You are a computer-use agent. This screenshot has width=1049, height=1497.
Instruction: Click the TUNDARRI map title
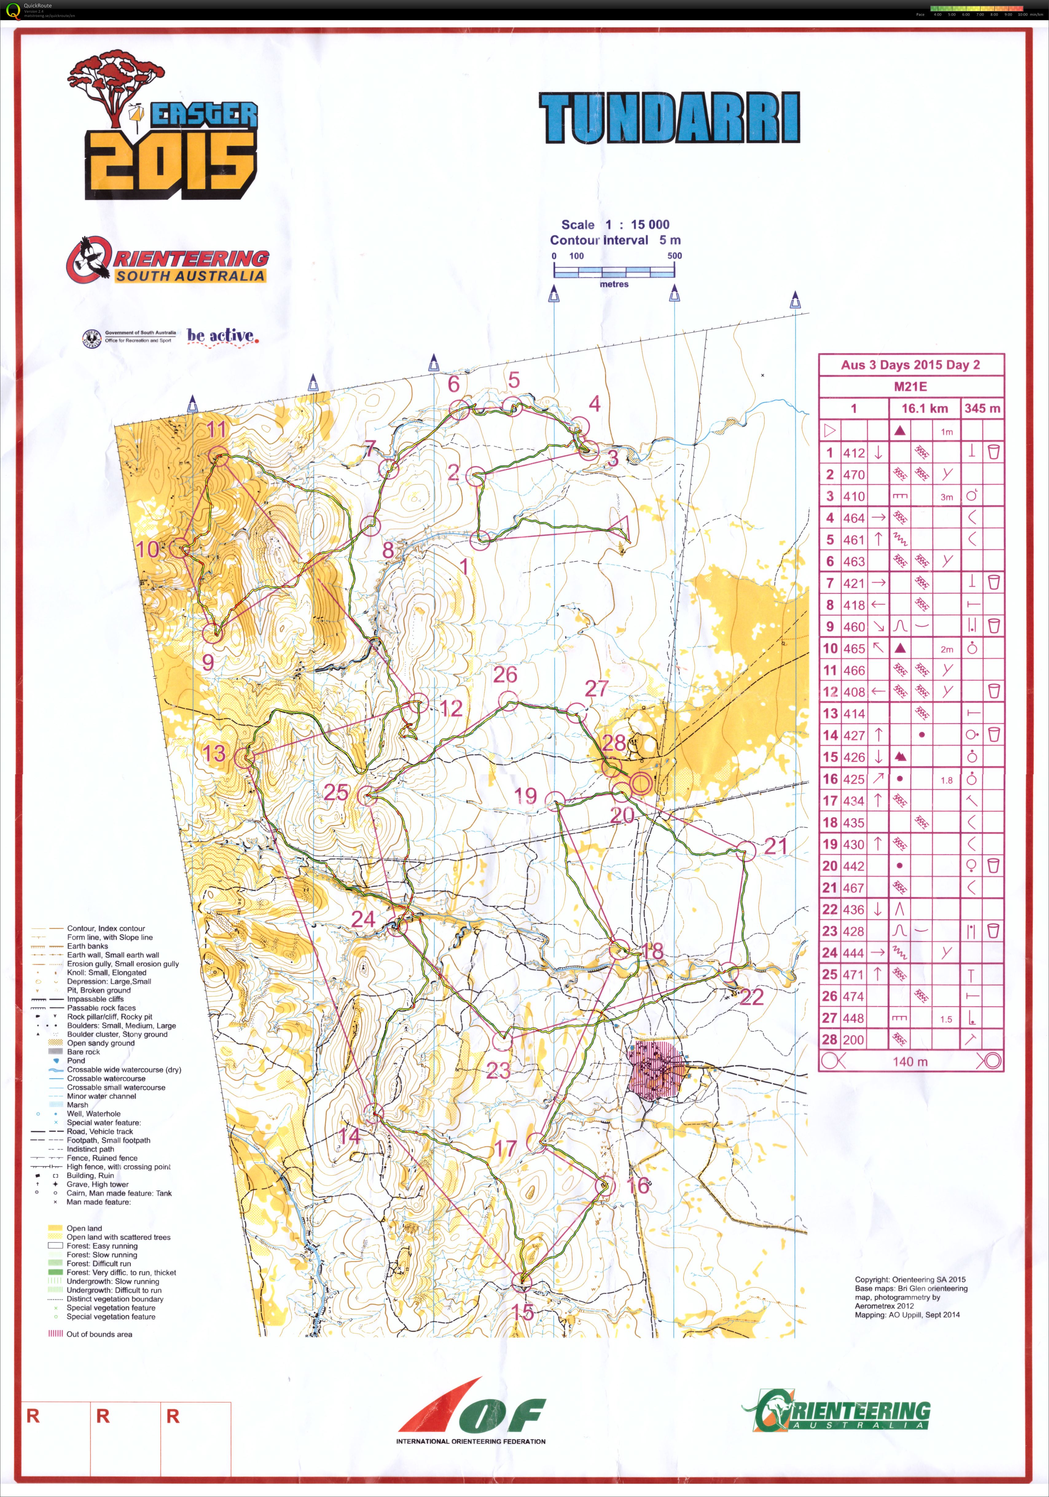pyautogui.click(x=670, y=118)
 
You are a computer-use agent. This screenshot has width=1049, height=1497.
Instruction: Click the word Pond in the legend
pyautogui.click(x=76, y=1061)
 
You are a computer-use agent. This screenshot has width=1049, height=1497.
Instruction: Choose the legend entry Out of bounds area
pyautogui.click(x=99, y=1334)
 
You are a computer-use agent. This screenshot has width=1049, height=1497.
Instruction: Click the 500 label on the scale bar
pyautogui.click(x=674, y=256)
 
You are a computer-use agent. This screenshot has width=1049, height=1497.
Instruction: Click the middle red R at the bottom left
pyautogui.click(x=103, y=1416)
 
